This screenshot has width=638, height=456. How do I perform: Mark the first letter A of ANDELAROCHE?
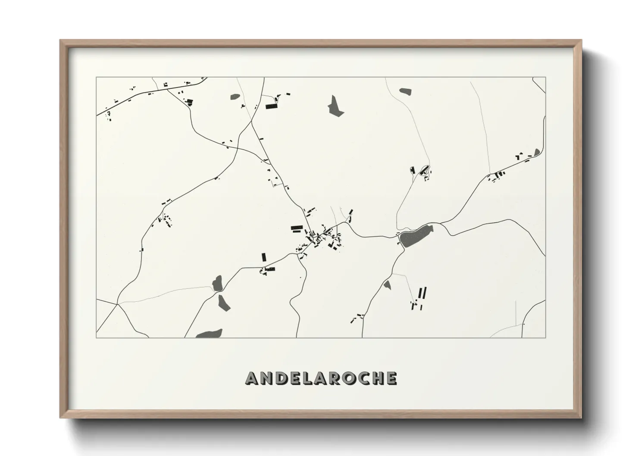(253, 378)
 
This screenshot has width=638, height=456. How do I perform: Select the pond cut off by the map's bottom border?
(210, 334)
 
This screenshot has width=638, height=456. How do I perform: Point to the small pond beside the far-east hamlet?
(537, 152)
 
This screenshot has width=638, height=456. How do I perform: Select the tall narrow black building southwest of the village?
(264, 257)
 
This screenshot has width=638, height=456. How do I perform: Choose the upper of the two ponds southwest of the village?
(217, 283)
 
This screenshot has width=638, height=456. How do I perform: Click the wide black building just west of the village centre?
(297, 228)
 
